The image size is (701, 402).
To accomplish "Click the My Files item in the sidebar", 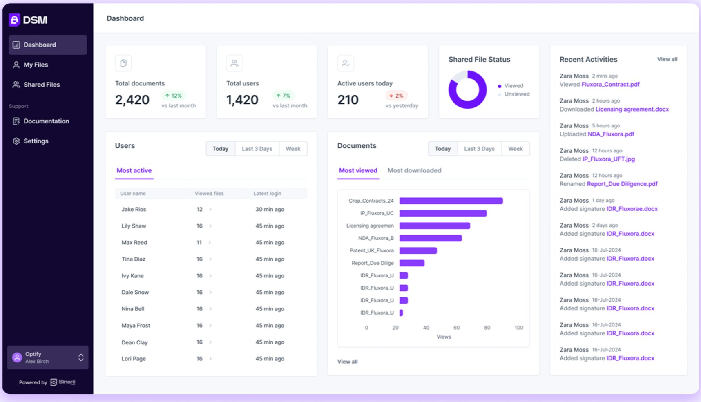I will [x=36, y=65].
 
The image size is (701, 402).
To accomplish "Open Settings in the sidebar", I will [x=36, y=141].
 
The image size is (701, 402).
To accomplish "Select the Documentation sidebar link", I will [x=46, y=121].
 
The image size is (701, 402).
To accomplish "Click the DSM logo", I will [x=29, y=20].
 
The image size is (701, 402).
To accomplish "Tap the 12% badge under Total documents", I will [x=174, y=96].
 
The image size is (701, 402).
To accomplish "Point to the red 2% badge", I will [x=396, y=96].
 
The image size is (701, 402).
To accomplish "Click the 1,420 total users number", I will [x=242, y=100].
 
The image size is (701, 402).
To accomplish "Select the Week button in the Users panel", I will [x=293, y=149].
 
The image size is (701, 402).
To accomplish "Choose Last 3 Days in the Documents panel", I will [x=479, y=149].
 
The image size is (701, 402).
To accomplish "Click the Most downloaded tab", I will [x=414, y=170].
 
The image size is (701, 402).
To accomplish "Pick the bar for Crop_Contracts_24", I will [x=451, y=201].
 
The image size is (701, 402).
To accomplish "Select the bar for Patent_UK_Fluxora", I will [x=418, y=250].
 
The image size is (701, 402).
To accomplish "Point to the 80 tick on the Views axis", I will [x=487, y=328].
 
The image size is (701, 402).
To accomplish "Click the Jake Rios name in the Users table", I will [x=134, y=209].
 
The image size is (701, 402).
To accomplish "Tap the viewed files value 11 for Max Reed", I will [x=199, y=242].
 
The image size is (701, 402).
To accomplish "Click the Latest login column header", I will [x=267, y=194].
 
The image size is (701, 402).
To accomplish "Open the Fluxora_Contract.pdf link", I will [x=610, y=84].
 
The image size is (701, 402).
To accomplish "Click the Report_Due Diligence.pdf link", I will [x=622, y=184].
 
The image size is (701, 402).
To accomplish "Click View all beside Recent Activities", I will [x=667, y=59].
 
